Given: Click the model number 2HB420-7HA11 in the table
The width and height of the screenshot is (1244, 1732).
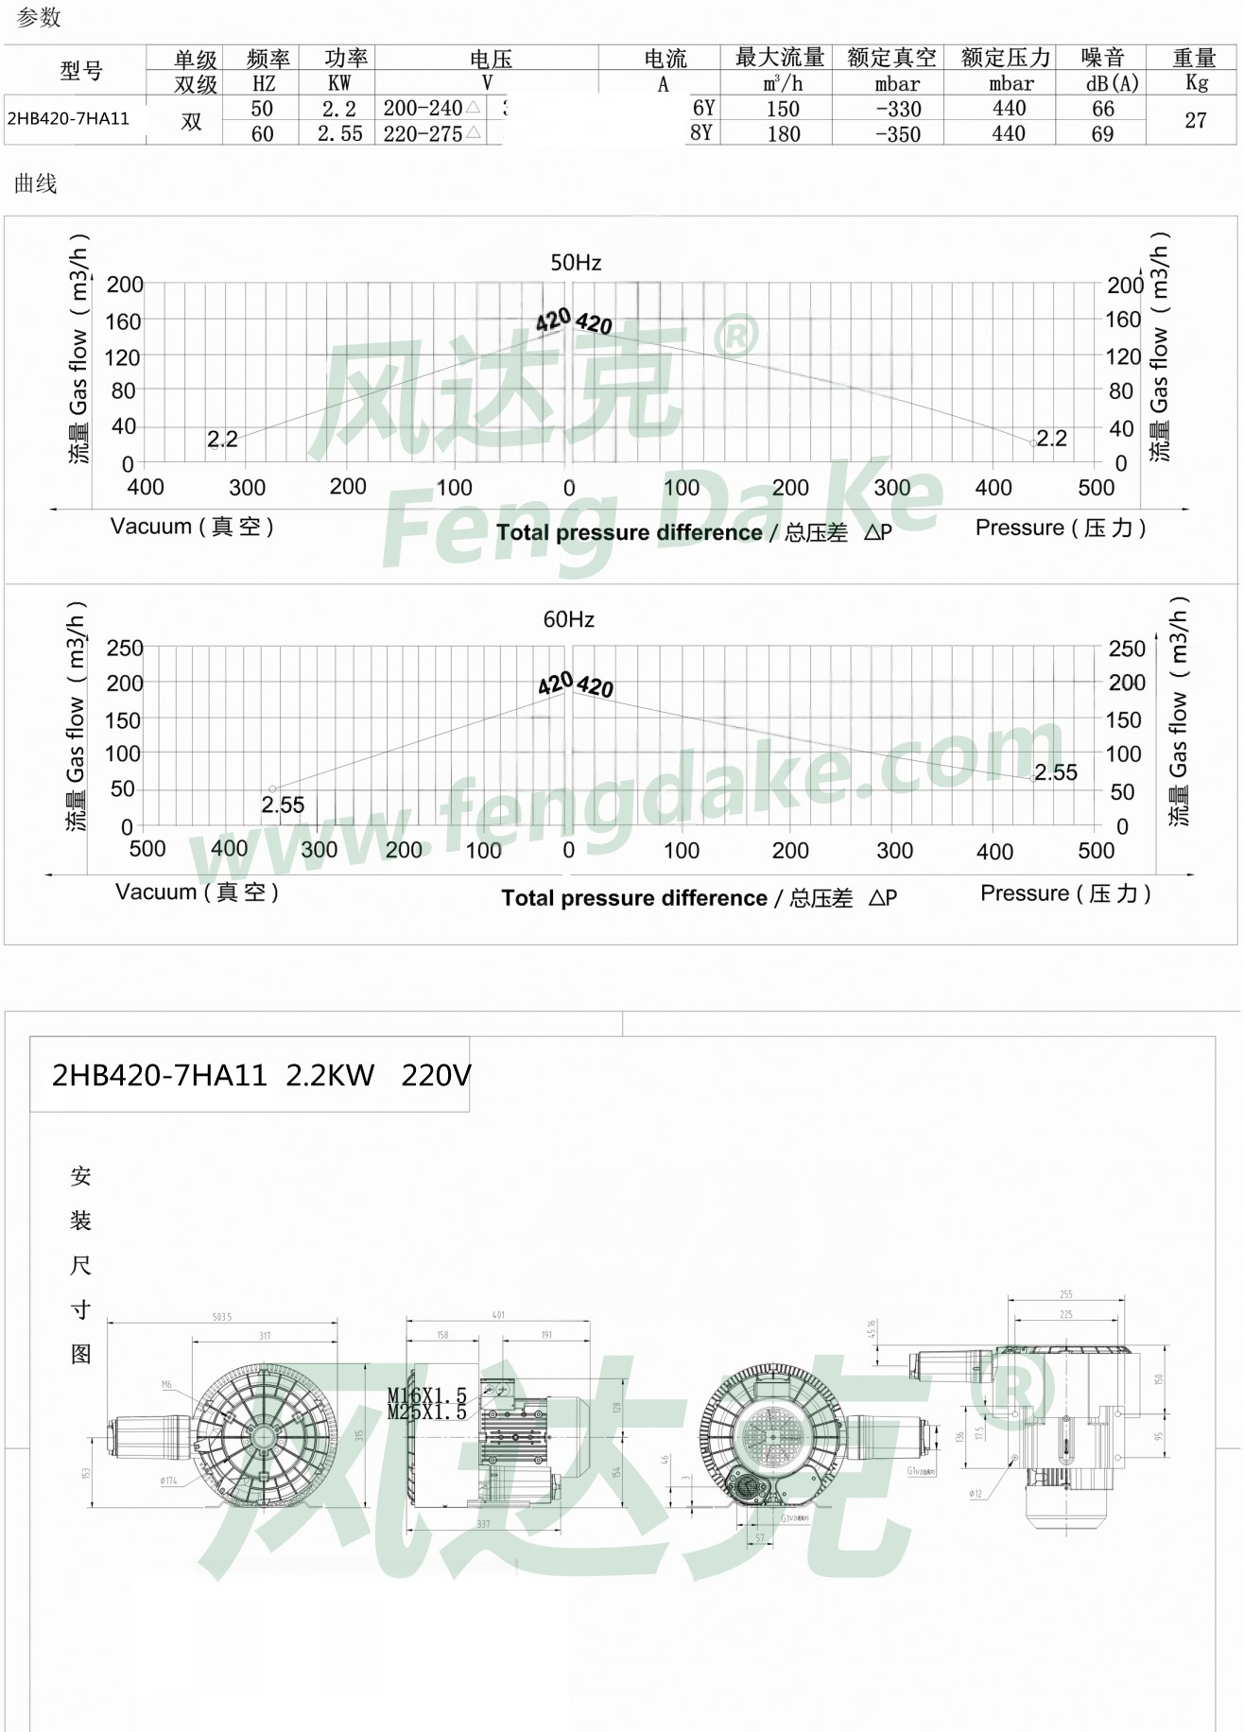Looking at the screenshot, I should coord(68,119).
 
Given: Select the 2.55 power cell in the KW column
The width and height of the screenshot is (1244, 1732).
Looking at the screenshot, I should coord(339,134).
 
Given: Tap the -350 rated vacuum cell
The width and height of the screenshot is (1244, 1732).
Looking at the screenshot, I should coord(897,134).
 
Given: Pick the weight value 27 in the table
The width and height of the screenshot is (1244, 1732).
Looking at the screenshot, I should coord(1195,121).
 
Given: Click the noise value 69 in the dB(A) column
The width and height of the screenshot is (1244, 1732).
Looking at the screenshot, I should coord(1102,134).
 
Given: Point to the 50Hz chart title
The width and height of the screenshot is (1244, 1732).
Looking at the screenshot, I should coord(576,263).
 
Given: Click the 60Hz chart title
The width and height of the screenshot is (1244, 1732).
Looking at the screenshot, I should coord(568,620).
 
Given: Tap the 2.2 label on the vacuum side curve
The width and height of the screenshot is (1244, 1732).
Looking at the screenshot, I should coord(222,440).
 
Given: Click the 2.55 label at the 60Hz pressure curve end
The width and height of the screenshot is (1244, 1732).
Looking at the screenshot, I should coord(1056,772).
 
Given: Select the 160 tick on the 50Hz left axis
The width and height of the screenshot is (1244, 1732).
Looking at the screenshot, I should coord(123,322).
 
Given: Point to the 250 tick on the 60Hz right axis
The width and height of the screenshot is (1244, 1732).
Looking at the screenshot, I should coord(1126,649).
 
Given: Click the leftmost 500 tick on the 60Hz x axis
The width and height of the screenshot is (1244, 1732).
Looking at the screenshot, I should coord(147,849).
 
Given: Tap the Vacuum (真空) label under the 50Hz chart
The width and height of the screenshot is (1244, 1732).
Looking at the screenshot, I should coord(192,527).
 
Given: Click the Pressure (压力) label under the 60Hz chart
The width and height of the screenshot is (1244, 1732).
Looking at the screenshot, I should coord(1065,893).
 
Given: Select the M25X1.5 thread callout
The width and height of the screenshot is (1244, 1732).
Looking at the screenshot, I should coord(426,1412).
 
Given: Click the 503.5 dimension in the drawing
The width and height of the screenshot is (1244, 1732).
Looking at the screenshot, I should coord(222,1317).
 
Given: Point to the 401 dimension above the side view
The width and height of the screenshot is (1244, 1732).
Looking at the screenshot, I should coord(498,1315).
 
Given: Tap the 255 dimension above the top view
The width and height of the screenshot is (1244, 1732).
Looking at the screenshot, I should coord(1065,1294).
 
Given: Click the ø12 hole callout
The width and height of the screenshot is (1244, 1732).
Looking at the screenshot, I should coord(976,1494).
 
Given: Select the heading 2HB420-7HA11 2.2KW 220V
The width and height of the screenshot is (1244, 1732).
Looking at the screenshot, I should coord(260,1076).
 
